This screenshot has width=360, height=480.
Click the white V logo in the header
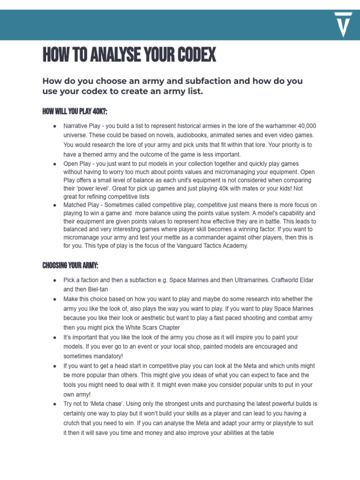coord(344,25)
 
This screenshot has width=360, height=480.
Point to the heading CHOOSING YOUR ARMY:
coord(70,266)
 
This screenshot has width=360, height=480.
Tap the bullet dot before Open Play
coord(55,164)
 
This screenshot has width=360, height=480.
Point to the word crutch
coord(74,423)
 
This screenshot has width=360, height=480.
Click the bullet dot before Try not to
coord(55,404)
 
